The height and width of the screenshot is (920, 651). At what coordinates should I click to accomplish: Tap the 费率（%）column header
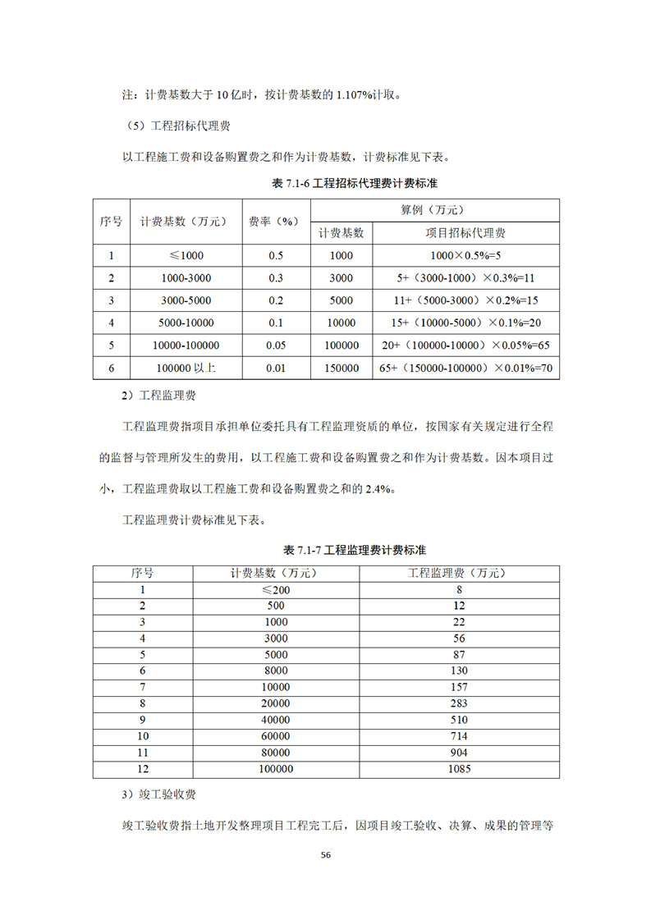[276, 221]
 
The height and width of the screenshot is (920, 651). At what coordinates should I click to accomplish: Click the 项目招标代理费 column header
[465, 233]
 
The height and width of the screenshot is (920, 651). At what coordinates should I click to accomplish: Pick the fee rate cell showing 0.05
[276, 346]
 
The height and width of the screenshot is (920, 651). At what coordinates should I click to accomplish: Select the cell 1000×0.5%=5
[465, 255]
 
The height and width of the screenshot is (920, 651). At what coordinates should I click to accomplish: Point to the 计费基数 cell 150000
[341, 368]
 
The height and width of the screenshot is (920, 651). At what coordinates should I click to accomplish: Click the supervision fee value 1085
[460, 770]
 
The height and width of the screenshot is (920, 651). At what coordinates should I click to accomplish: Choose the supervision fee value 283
[460, 703]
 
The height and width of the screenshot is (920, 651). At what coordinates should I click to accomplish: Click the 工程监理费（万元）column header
[460, 572]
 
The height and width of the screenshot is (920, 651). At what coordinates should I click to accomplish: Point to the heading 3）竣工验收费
[158, 796]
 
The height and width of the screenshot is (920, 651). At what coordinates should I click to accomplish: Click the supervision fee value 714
[460, 736]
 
